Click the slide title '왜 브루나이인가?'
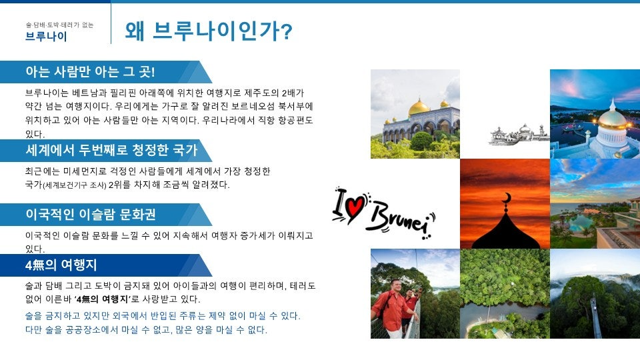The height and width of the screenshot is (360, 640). click(x=208, y=31)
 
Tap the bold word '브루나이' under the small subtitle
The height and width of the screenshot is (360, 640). click(x=46, y=37)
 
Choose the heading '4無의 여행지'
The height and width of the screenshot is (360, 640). click(x=61, y=265)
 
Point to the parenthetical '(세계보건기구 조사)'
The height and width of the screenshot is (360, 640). click(x=75, y=185)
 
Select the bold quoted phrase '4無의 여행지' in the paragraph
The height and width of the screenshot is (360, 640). click(x=110, y=299)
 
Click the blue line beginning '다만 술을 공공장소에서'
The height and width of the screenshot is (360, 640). click(x=145, y=330)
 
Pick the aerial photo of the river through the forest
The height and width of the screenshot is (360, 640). click(x=504, y=294)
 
